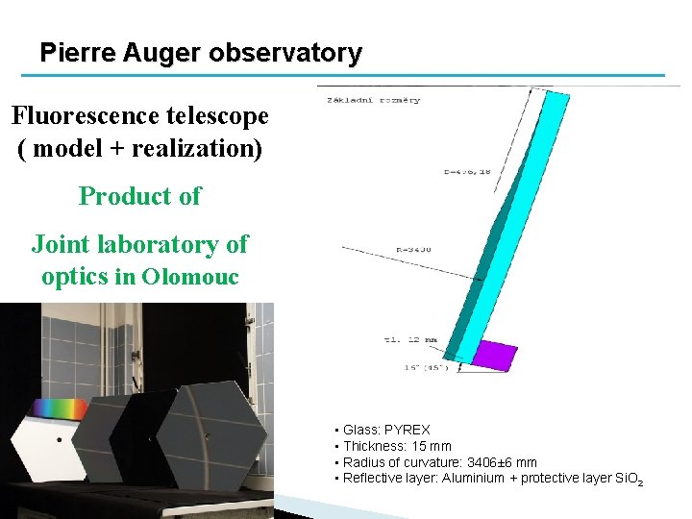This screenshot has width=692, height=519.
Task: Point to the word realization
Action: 199,149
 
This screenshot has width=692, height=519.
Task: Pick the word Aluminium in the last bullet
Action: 473,478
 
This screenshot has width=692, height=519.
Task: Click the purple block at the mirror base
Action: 496,355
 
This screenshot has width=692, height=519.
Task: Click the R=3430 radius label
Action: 414,249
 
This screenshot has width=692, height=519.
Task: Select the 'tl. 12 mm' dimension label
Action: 410,339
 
